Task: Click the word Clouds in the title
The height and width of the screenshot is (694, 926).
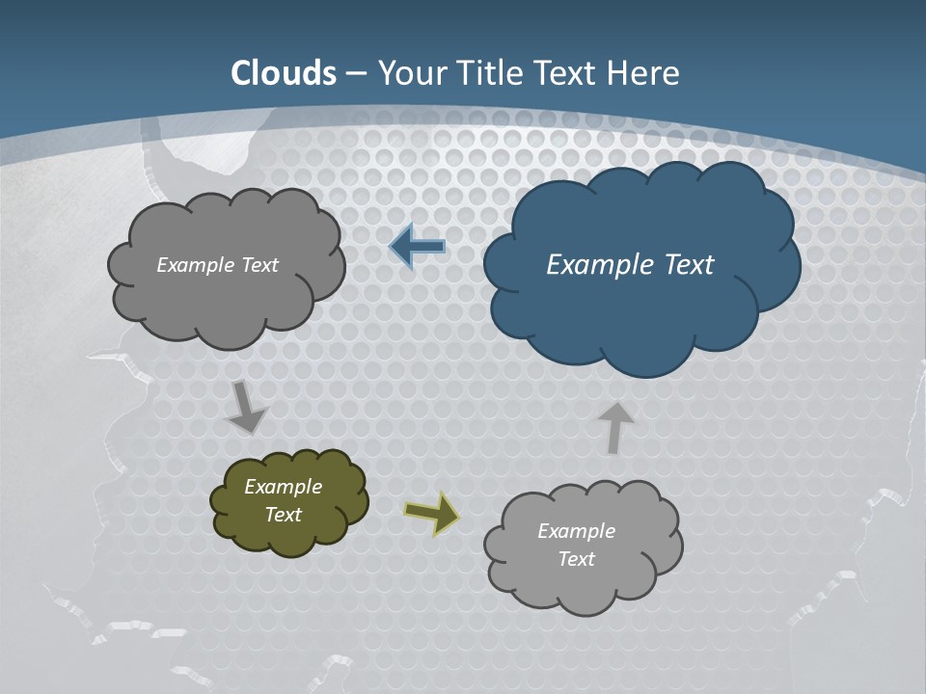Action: click(x=284, y=73)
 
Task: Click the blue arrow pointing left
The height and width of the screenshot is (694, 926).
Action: click(x=417, y=247)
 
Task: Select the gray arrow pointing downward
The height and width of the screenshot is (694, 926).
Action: click(x=247, y=407)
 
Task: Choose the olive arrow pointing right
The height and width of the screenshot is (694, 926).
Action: click(x=431, y=512)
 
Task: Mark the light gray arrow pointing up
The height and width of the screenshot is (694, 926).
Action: click(x=614, y=427)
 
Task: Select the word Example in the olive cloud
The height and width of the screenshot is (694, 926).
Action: click(x=283, y=487)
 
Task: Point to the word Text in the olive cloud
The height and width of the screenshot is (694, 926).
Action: click(x=283, y=515)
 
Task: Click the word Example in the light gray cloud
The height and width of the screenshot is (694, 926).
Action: click(x=576, y=531)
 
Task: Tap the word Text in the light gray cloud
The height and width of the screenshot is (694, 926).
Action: click(x=576, y=559)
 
